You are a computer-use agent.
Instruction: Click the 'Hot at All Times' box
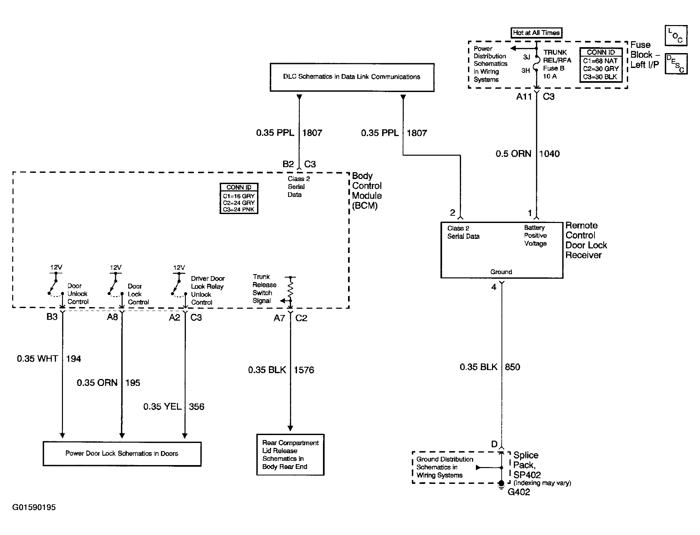click(536, 33)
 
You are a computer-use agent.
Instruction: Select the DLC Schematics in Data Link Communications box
click(352, 77)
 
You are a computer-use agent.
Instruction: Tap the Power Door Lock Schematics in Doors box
click(122, 454)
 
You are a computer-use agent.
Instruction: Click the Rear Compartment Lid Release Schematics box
click(290, 455)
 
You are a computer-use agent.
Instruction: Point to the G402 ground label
click(519, 492)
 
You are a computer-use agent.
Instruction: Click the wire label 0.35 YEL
click(162, 407)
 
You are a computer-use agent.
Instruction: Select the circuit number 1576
click(304, 370)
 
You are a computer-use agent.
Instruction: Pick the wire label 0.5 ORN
click(513, 154)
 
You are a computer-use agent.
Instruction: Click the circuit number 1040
click(549, 154)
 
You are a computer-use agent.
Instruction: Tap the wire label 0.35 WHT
click(38, 359)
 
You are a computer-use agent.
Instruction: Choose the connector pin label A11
click(524, 97)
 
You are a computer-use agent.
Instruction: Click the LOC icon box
click(676, 36)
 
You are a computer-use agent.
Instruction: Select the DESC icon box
click(676, 64)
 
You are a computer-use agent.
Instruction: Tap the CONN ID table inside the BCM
click(239, 199)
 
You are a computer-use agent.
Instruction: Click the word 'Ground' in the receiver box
click(501, 272)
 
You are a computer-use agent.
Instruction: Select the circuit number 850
click(512, 367)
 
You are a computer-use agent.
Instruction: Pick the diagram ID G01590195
click(34, 507)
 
